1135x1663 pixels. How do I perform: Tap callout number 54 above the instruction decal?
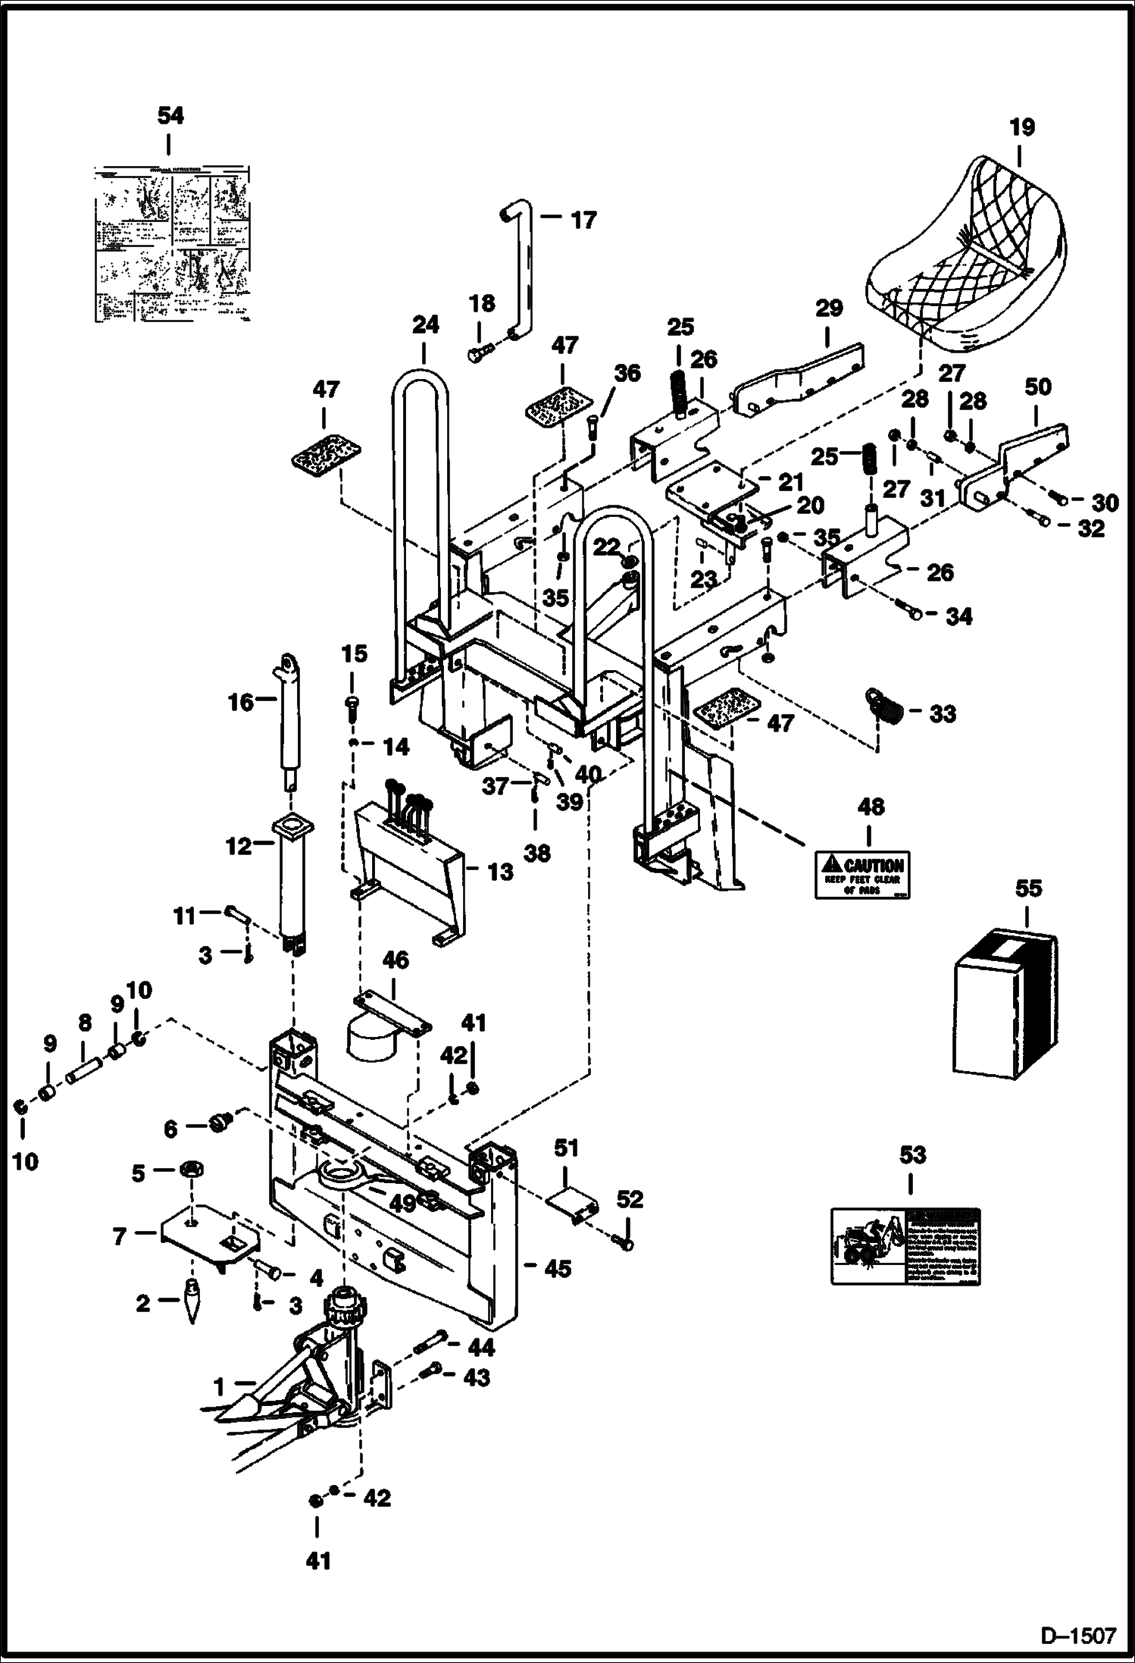(x=170, y=116)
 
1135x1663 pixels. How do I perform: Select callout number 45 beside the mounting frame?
(x=558, y=1267)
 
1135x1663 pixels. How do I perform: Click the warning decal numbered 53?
(x=905, y=1246)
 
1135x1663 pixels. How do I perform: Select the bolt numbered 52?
(x=626, y=1244)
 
